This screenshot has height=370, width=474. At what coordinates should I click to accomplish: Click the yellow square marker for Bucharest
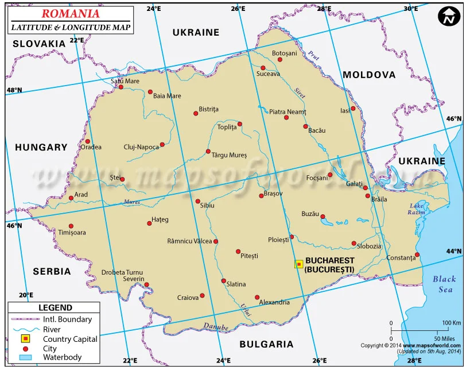coord(298,264)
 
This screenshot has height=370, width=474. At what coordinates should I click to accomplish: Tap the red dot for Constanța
coord(417,255)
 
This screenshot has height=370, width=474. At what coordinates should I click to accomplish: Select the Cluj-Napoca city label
coord(141,147)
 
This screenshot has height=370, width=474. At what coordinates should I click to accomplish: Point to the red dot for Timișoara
coord(71,226)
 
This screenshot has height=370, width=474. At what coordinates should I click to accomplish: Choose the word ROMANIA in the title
coord(71,13)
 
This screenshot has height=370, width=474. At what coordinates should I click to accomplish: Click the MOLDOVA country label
coord(369,75)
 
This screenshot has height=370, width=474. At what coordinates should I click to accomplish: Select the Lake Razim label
coord(417,209)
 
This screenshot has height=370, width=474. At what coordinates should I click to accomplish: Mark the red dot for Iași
coord(353,109)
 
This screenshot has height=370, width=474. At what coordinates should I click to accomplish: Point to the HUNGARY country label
coord(41,148)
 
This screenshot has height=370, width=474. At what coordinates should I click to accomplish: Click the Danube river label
coord(216,327)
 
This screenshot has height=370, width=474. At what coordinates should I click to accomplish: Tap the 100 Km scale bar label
coord(451,323)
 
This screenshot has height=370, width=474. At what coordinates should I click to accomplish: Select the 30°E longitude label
coord(410,9)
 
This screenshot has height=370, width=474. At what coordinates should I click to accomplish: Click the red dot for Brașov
coord(261,195)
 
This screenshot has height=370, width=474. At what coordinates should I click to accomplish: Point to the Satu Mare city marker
coord(121,87)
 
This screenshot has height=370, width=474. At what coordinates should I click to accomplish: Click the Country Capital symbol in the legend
coord(25,339)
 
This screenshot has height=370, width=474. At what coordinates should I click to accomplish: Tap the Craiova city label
coord(188,298)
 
